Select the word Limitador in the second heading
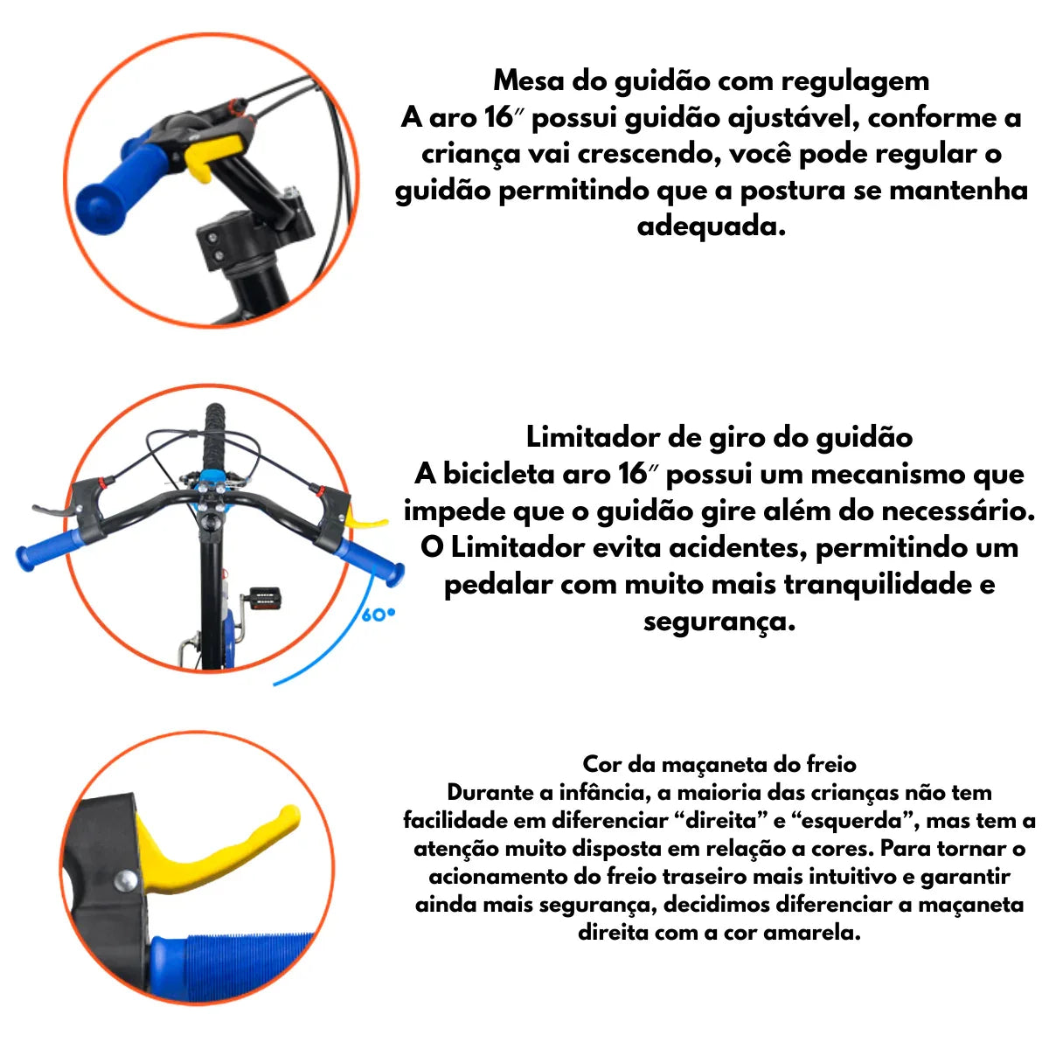click(593, 437)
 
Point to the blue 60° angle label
click(379, 615)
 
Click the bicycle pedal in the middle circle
click(264, 598)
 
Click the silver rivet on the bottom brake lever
click(126, 880)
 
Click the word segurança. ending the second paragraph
click(719, 622)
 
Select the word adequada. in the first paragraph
click(712, 226)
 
